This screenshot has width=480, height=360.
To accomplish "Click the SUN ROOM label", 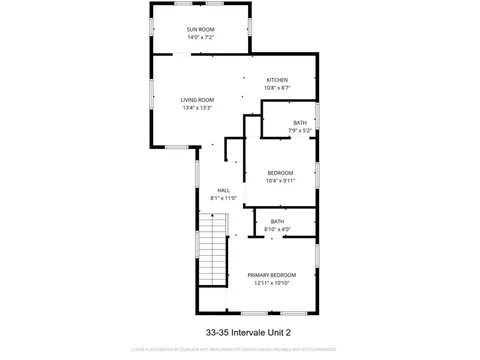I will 200,30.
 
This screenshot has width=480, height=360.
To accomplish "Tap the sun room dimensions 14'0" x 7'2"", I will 200,39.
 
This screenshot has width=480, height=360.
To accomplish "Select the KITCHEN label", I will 276,79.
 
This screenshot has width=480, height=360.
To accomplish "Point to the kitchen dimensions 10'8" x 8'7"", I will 276,88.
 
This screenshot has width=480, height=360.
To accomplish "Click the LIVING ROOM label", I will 197,99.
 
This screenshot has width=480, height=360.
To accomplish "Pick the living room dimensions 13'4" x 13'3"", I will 197,108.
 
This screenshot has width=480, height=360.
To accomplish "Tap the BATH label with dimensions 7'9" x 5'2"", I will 300,122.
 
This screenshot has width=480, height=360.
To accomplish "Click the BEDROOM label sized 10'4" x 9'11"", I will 280,173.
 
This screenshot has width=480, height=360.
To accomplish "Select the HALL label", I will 223,190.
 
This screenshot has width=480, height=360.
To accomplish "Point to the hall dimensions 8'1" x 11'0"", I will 223,199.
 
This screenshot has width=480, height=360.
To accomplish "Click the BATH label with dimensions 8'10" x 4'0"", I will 277,221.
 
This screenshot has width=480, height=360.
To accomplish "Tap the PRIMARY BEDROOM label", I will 272,274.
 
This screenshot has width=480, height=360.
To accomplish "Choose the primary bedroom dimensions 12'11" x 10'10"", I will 272,283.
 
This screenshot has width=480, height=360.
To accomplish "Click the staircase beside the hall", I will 212,262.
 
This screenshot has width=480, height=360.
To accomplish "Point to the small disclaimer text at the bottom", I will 240,349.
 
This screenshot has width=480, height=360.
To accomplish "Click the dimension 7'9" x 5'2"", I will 300,131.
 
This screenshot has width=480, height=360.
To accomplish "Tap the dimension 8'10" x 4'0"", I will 277,230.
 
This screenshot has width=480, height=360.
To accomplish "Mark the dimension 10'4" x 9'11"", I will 280,182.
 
